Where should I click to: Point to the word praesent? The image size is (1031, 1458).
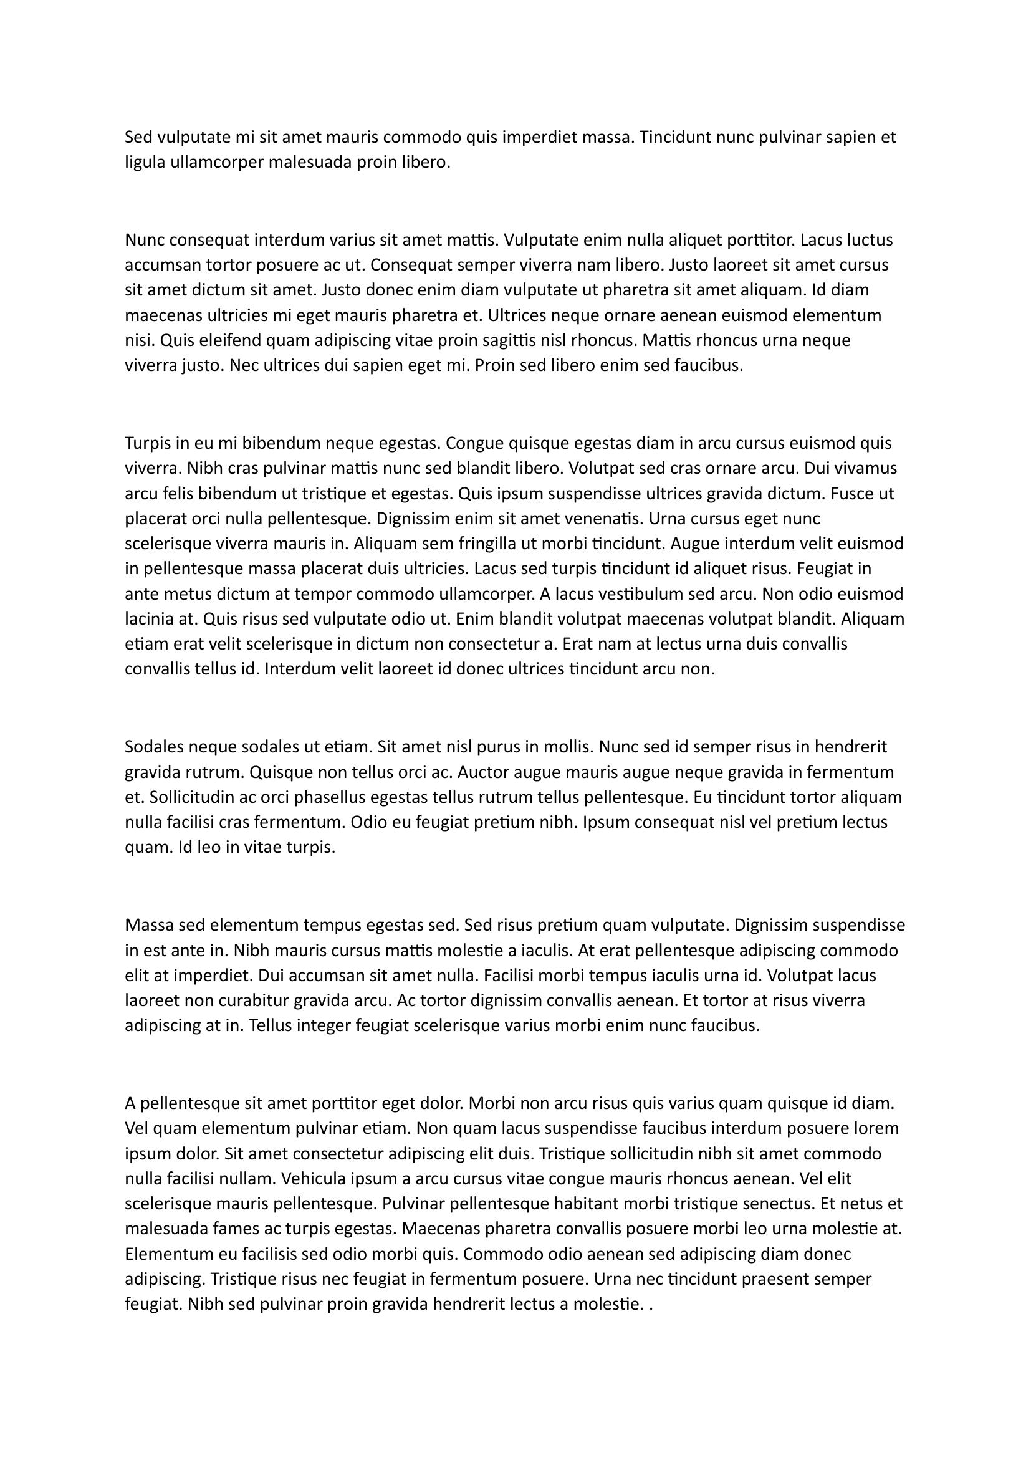tap(779, 1280)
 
